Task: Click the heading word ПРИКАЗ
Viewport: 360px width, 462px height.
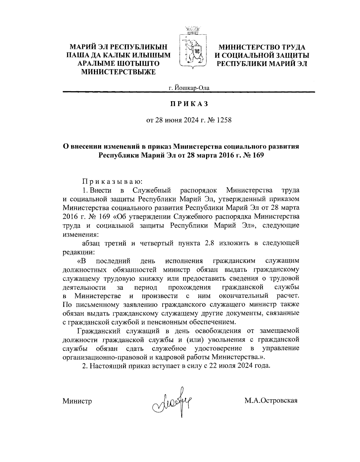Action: [189, 104]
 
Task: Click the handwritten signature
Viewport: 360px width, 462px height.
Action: [173, 400]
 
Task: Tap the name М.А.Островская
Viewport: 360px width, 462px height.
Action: [271, 400]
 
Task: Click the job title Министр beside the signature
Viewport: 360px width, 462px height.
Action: [77, 401]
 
